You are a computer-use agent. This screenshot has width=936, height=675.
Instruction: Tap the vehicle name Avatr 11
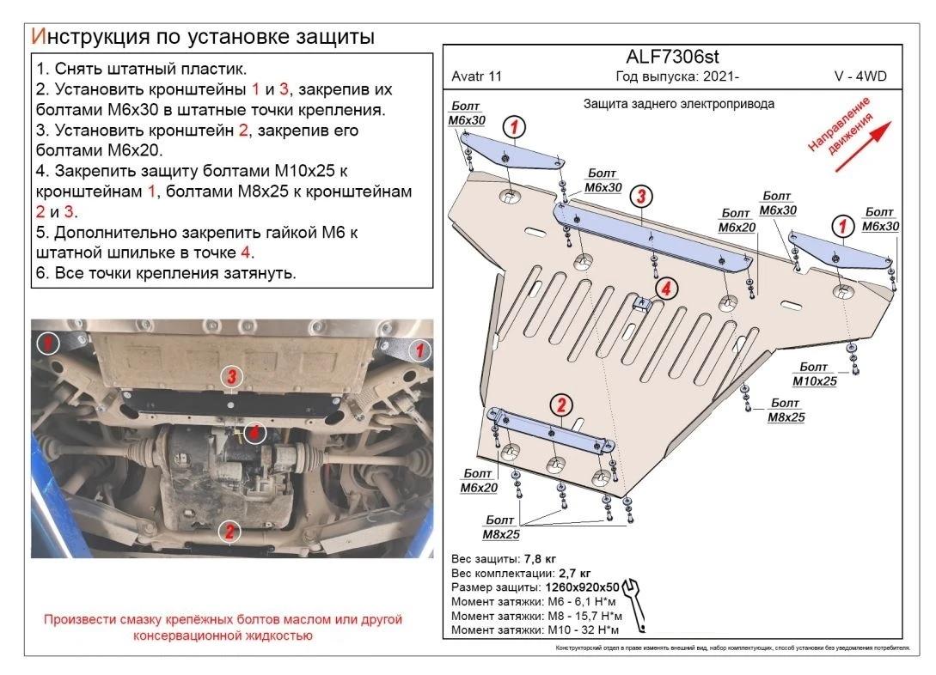tap(476, 76)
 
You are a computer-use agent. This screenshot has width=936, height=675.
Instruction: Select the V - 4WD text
tap(860, 76)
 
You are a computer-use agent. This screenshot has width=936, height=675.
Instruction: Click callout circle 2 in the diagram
tap(560, 404)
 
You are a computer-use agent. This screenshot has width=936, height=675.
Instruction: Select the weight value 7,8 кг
tap(545, 558)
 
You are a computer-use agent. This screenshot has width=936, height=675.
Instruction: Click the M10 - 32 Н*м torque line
tap(533, 629)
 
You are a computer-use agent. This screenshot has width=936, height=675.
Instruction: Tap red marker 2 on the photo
tap(229, 531)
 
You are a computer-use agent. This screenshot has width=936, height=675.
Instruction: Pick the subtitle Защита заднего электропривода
tap(678, 103)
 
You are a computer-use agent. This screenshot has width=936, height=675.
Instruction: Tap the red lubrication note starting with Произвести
tap(223, 627)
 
